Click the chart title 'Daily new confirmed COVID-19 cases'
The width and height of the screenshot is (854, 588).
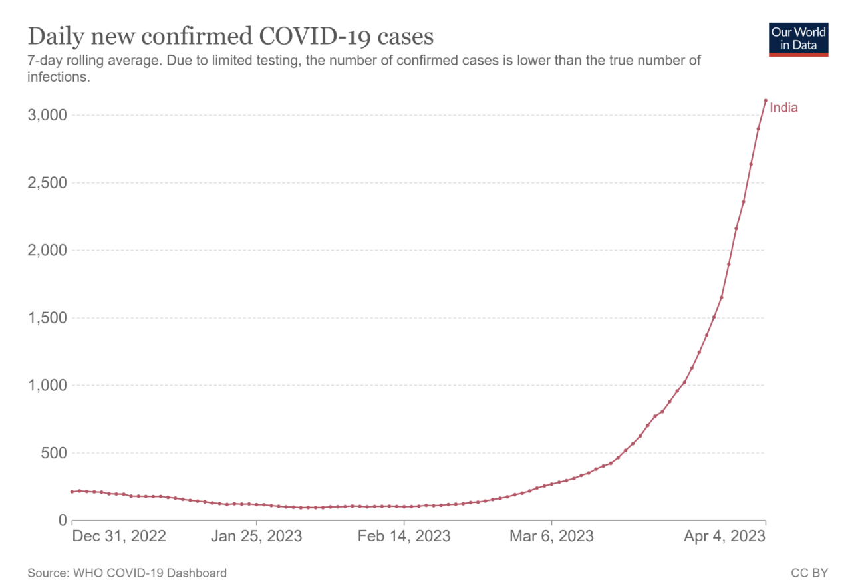230,36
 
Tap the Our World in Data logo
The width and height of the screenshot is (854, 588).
798,39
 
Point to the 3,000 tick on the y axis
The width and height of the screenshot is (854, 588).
49,115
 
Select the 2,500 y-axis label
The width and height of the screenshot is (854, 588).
49,183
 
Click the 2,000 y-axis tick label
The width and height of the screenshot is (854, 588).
49,251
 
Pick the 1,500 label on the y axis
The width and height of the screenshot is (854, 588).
49,318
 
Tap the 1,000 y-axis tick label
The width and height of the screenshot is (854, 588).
49,386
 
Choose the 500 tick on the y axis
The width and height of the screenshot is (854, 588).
54,454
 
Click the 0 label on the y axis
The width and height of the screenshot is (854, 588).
63,521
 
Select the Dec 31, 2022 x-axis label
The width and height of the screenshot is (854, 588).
118,536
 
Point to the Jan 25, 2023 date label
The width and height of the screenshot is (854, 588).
257,536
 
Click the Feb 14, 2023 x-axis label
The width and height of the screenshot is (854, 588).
404,536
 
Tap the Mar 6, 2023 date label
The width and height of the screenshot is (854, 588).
551,536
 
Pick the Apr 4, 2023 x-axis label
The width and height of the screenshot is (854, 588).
725,536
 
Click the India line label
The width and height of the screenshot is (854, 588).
783,108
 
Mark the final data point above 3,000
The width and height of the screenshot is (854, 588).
766,100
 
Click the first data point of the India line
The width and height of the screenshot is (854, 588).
72,492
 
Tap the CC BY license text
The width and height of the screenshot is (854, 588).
809,573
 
